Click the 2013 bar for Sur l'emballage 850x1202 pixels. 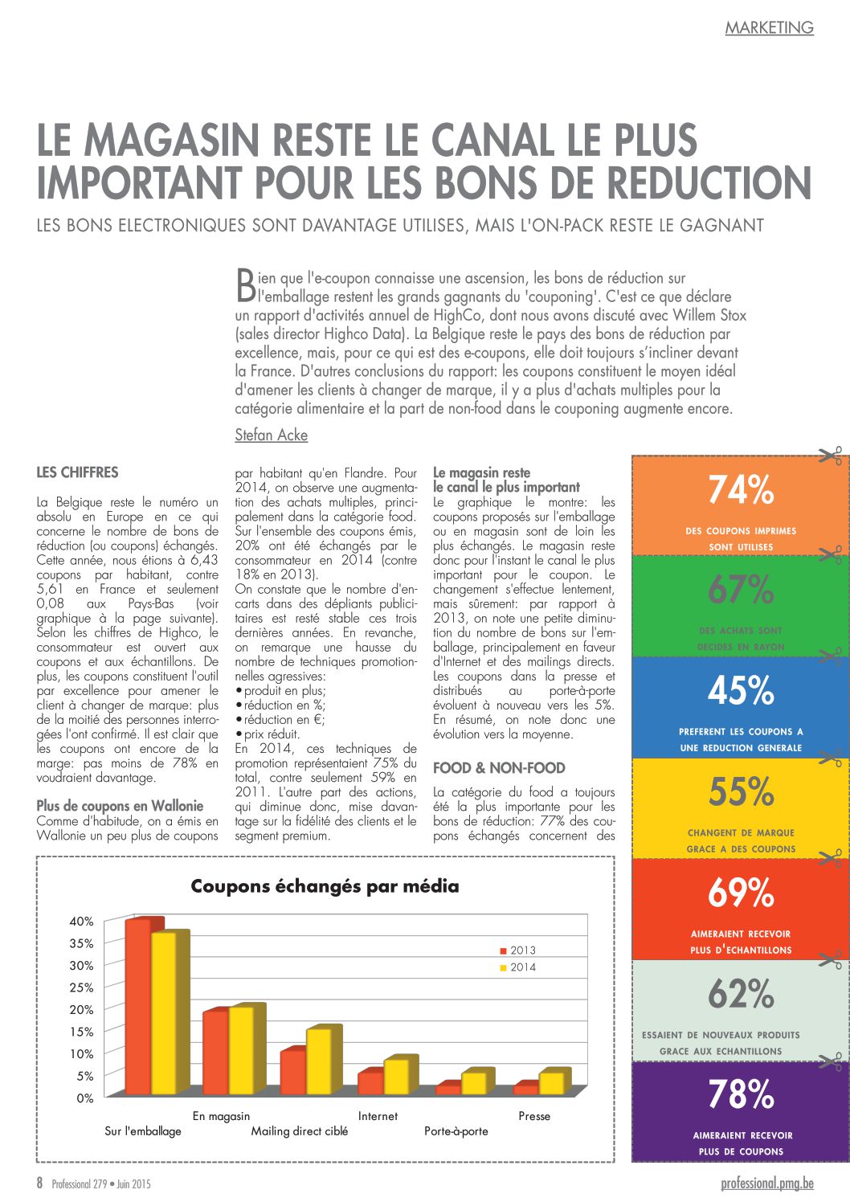pyautogui.click(x=138, y=1006)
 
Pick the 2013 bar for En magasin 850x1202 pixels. pyautogui.click(x=216, y=1051)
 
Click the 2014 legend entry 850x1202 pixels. pyautogui.click(x=517, y=967)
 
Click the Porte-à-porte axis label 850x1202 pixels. pyautogui.click(x=456, y=1130)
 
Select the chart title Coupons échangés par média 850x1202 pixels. pyautogui.click(x=325, y=886)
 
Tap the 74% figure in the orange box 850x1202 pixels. pyautogui.click(x=741, y=489)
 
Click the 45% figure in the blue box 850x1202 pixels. pyautogui.click(x=741, y=690)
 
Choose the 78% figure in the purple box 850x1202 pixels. pyautogui.click(x=741, y=1094)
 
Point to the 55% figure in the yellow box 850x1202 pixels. pyautogui.click(x=741, y=791)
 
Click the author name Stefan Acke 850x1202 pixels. pyautogui.click(x=271, y=435)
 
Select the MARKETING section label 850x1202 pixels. pyautogui.click(x=769, y=28)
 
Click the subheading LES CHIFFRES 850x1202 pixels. pyautogui.click(x=77, y=472)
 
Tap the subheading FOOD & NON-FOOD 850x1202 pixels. pyautogui.click(x=499, y=768)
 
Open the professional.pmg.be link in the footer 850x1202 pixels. pyautogui.click(x=766, y=1183)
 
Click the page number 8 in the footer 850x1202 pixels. pyautogui.click(x=40, y=1183)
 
